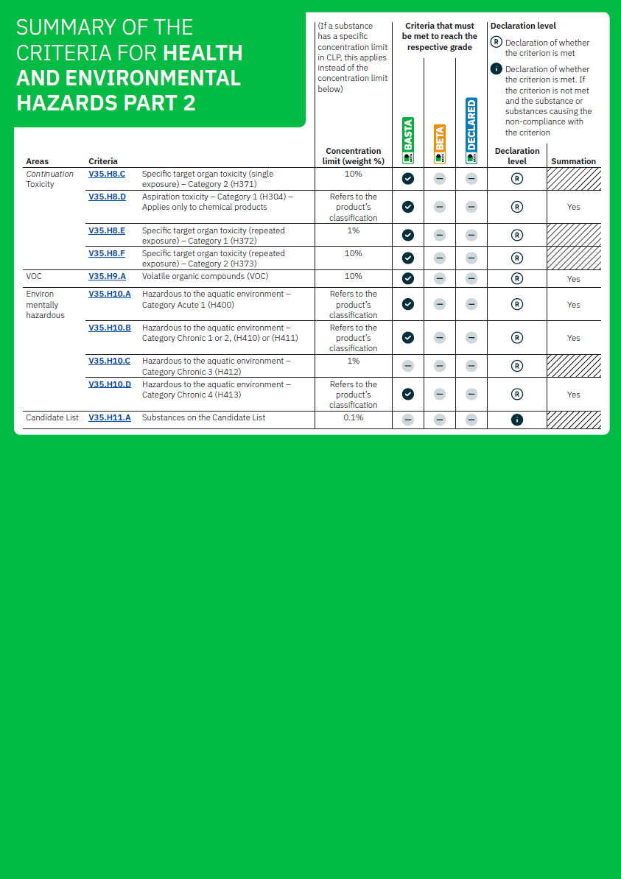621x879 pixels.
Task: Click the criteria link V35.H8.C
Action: (107, 174)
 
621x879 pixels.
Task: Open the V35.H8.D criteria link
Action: (107, 197)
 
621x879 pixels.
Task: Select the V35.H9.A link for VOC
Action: (107, 276)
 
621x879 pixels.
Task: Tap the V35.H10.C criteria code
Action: (109, 361)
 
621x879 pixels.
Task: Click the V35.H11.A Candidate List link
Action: (109, 417)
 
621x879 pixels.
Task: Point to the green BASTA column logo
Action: (408, 140)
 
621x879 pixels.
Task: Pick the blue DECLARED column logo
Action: (471, 131)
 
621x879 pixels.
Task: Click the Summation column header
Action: (573, 161)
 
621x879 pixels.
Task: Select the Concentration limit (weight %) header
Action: (354, 156)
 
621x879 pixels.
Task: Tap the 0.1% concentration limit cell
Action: (354, 417)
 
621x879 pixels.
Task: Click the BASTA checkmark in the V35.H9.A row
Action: (408, 278)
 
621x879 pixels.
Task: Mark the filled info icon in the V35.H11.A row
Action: (517, 420)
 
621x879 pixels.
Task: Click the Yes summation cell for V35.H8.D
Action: (573, 207)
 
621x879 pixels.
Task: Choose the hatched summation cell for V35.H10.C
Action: (573, 366)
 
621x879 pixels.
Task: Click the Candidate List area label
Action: (52, 417)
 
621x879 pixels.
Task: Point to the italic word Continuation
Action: (50, 174)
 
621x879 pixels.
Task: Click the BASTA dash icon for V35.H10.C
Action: (408, 366)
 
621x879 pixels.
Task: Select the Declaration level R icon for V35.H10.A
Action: (517, 304)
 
